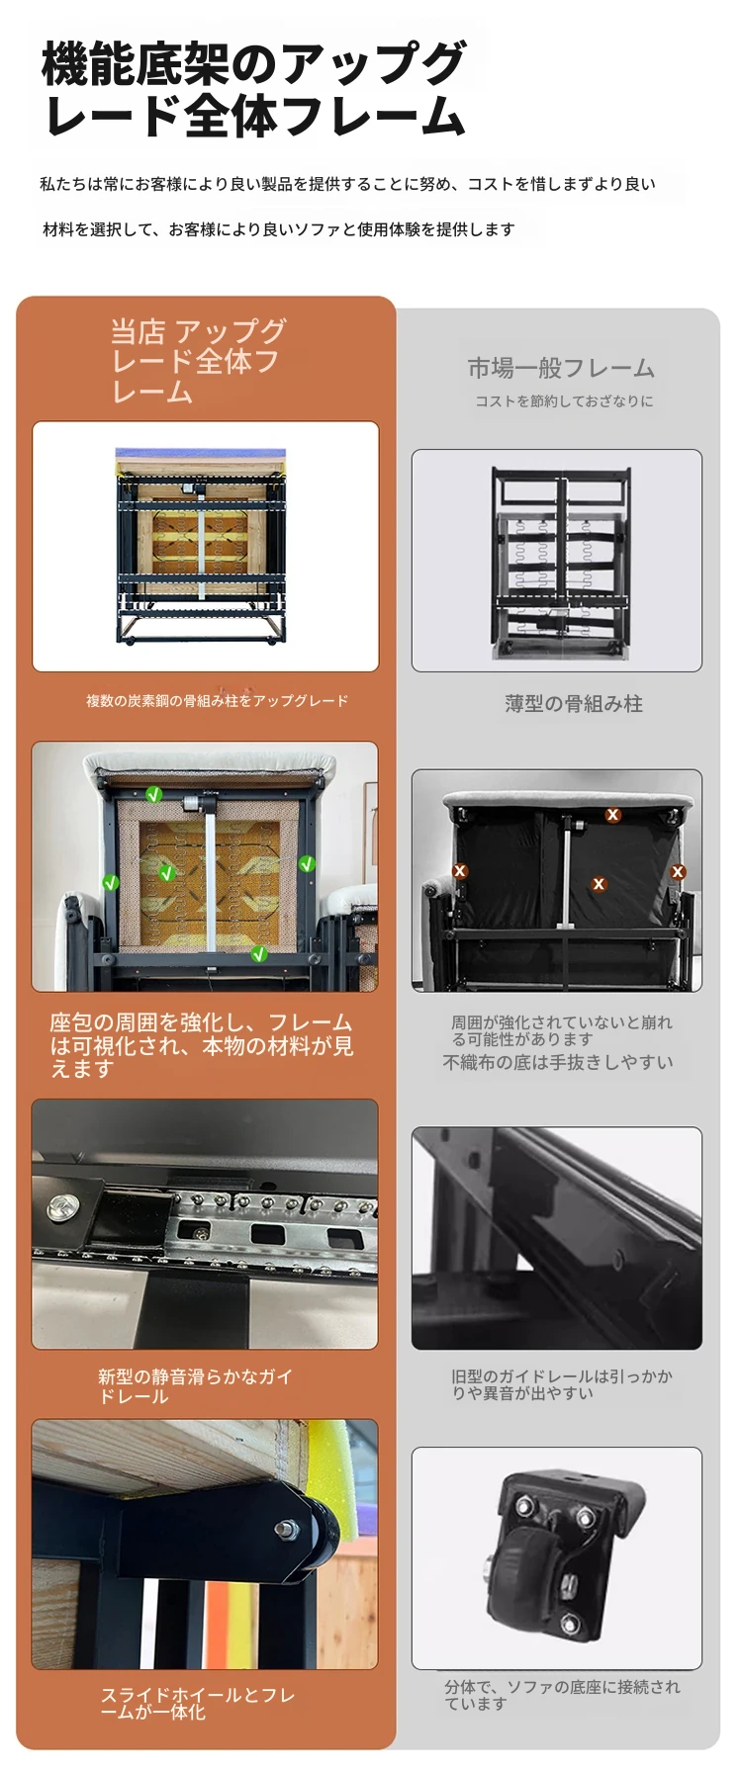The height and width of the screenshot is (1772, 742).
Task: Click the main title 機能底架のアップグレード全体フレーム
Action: pos(253,89)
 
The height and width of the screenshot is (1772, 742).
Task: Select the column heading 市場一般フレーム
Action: pos(561,368)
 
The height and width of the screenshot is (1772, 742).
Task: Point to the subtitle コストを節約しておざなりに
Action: pos(564,401)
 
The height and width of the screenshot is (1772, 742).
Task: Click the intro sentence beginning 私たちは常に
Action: pos(347,184)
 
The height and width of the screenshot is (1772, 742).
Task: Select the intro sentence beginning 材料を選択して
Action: pos(279,229)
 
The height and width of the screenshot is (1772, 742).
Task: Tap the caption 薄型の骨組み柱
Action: pos(574,704)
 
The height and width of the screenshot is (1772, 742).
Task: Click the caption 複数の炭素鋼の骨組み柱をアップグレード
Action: pos(217,701)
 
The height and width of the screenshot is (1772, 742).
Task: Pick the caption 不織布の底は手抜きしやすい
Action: pos(558,1062)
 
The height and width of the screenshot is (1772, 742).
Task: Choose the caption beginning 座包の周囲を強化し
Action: pos(202,1045)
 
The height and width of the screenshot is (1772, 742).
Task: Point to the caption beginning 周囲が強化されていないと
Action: pos(561,1030)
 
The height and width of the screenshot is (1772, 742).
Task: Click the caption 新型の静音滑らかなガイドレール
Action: pos(195,1386)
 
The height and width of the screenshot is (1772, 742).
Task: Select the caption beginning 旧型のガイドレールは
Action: pos(561,1384)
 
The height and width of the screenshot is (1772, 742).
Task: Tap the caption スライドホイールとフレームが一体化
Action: pos(198,1704)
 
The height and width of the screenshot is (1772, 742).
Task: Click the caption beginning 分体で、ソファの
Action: pos(562,1695)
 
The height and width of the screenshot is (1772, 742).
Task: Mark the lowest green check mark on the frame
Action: pos(259,954)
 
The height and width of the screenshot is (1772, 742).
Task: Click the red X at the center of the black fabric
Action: pos(599,884)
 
